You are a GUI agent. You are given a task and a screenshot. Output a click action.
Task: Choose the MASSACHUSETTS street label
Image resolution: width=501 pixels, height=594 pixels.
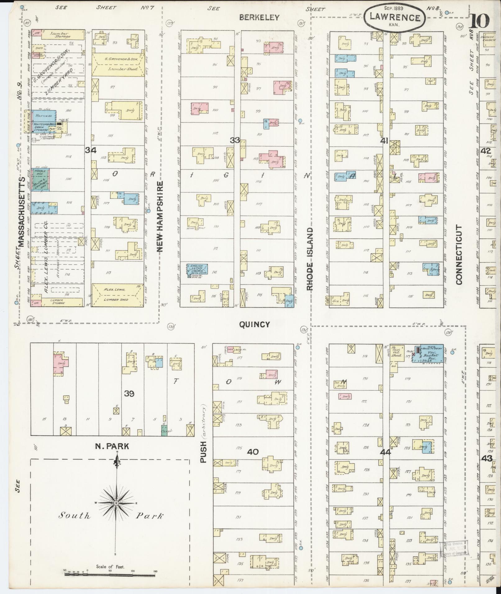coord(22,212)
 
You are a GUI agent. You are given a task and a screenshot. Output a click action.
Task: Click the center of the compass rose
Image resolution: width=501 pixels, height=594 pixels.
coord(116,503)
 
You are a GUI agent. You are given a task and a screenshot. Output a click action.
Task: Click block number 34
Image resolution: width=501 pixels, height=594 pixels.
coord(91,150)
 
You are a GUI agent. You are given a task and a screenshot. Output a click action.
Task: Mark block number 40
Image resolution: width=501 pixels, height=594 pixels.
coord(253,452)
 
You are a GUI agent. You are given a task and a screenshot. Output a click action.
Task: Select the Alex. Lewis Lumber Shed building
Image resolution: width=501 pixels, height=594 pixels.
coord(118,295)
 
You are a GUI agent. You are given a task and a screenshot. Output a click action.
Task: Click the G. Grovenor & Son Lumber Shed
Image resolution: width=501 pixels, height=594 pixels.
coord(118,64)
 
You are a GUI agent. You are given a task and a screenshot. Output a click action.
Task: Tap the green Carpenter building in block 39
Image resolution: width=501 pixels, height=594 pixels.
coord(164,430)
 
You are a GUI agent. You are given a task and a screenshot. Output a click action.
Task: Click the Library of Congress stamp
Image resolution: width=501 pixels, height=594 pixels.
coord(453,550)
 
